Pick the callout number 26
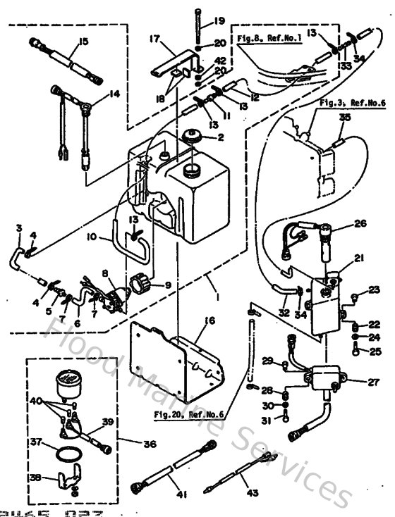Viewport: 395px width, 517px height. (360, 225)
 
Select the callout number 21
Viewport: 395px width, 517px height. (359, 258)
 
